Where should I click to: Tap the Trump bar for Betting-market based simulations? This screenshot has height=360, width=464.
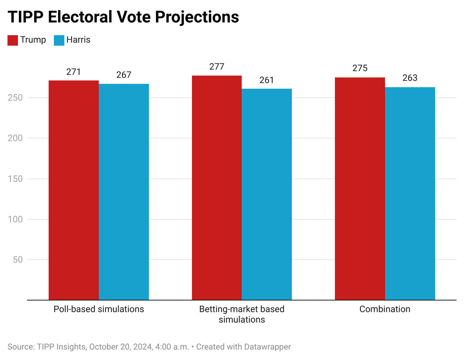(x=217, y=188)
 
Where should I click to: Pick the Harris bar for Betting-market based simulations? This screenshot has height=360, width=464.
(x=267, y=194)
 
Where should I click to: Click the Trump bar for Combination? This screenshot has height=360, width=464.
(x=360, y=189)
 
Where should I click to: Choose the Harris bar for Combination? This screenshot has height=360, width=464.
(x=410, y=193)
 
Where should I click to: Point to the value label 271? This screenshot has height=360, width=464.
(x=73, y=72)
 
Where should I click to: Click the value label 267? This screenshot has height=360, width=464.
(x=124, y=75)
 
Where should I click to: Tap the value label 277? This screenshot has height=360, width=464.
(x=217, y=67)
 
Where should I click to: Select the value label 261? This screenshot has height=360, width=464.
(x=267, y=80)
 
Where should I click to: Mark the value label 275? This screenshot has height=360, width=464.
(x=360, y=68)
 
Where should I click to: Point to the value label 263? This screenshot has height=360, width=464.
(x=410, y=78)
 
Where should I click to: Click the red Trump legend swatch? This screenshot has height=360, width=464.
(x=13, y=40)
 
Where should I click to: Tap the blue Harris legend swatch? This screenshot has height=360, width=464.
(x=59, y=40)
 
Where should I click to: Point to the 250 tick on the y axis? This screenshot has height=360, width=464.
(x=15, y=98)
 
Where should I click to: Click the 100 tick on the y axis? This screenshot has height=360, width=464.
(x=15, y=219)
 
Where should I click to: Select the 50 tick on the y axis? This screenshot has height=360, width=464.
(x=18, y=260)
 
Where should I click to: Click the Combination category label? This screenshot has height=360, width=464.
(x=385, y=309)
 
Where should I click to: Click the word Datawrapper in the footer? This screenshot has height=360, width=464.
(x=267, y=347)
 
